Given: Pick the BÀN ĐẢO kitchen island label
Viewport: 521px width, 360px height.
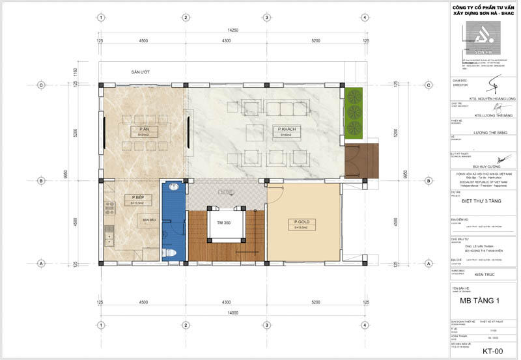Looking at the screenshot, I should (x=149, y=220).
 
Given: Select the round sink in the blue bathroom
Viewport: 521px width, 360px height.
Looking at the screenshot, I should (x=173, y=188).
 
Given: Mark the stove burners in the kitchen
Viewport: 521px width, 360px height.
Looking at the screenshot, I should (x=109, y=208).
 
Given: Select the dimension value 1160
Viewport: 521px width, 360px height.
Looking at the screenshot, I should (x=76, y=72).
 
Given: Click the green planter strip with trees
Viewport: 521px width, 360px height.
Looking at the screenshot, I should (x=354, y=113).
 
